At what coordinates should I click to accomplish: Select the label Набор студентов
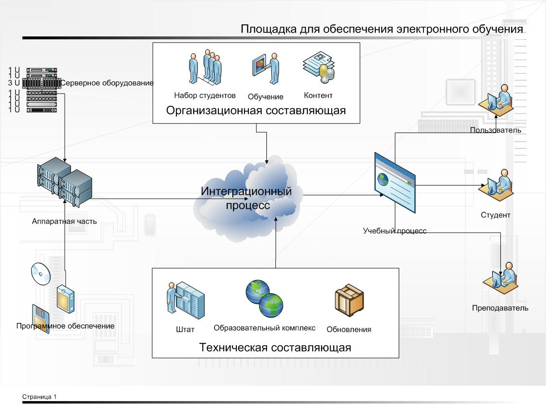click(205, 95)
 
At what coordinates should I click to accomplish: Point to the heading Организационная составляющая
click(256, 111)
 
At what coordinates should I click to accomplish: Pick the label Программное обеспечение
click(65, 326)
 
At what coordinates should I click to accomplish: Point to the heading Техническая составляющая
click(275, 348)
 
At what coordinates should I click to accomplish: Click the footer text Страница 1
click(39, 397)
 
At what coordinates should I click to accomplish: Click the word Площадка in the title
click(264, 30)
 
